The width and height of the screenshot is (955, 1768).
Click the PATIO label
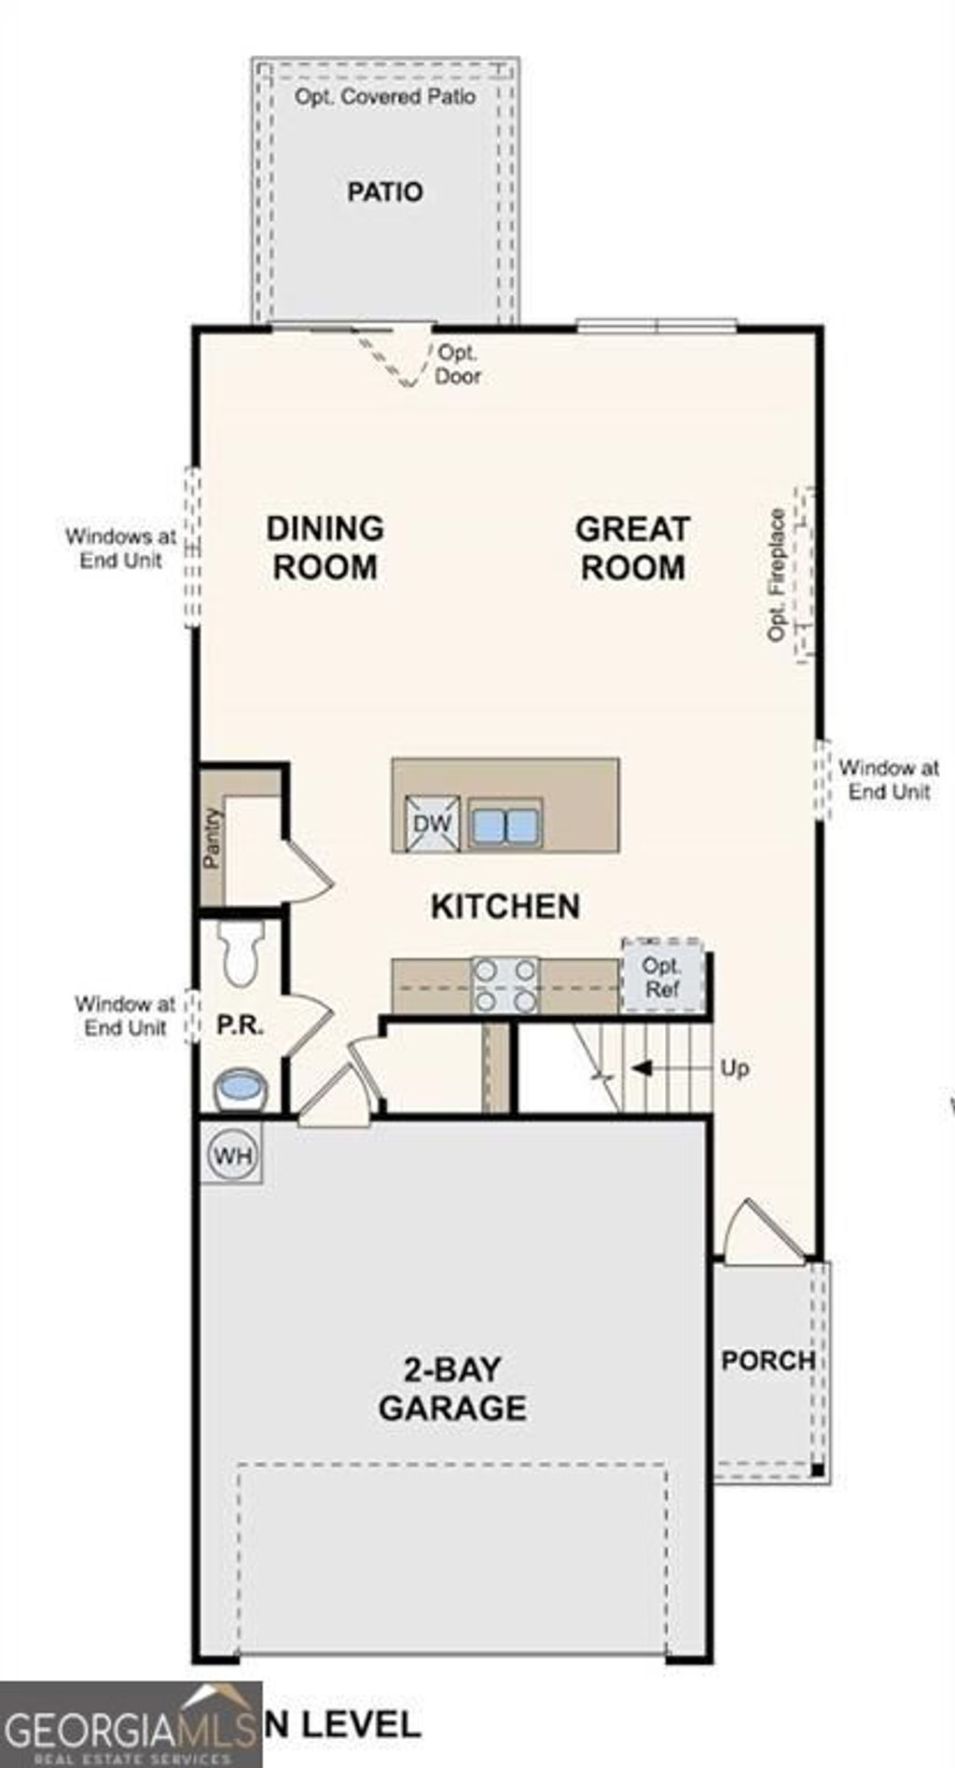point(385,192)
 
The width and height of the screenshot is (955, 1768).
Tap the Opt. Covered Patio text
point(385,97)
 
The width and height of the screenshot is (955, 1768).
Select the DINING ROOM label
point(325,548)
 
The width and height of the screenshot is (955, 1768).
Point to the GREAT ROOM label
point(632,548)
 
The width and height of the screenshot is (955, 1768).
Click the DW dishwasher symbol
point(432,823)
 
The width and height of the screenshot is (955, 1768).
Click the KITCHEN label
point(505,906)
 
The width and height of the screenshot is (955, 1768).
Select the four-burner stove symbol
point(505,985)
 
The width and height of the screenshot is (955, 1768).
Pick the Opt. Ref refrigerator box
point(662,977)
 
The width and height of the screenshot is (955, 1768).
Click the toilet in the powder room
point(242,954)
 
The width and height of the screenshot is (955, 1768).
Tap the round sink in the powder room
point(241,1088)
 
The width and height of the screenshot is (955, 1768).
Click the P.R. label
point(241,1025)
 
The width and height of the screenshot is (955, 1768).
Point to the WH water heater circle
point(232,1156)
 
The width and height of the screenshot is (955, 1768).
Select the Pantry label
point(213,838)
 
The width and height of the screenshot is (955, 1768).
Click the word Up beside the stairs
point(734,1068)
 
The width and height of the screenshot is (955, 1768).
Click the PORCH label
point(768,1360)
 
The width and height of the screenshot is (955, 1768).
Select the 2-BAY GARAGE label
point(452,1388)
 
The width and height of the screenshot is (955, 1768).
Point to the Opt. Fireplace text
point(777,575)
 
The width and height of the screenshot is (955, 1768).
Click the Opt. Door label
point(458,365)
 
